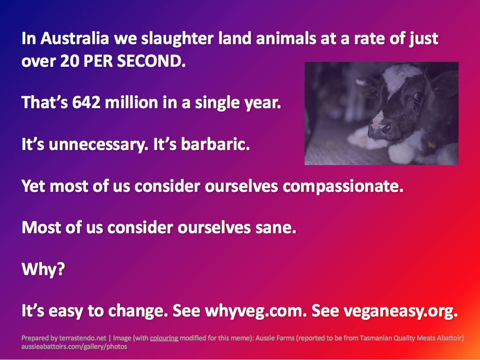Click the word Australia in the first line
pyautogui.click(x=75, y=39)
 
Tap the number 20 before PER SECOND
pyautogui.click(x=69, y=61)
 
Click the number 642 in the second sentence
pyautogui.click(x=86, y=102)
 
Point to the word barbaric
pyautogui.click(x=216, y=144)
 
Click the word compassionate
pyautogui.click(x=343, y=186)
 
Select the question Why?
pyautogui.click(x=43, y=269)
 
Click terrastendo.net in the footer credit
pyautogui.click(x=82, y=338)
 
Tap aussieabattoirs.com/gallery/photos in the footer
pyautogui.click(x=74, y=347)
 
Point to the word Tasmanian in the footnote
pyautogui.click(x=376, y=338)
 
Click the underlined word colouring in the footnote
pyautogui.click(x=164, y=338)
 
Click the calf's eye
pyautogui.click(x=417, y=97)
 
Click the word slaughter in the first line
pyautogui.click(x=177, y=39)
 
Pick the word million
pyautogui.click(x=131, y=102)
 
